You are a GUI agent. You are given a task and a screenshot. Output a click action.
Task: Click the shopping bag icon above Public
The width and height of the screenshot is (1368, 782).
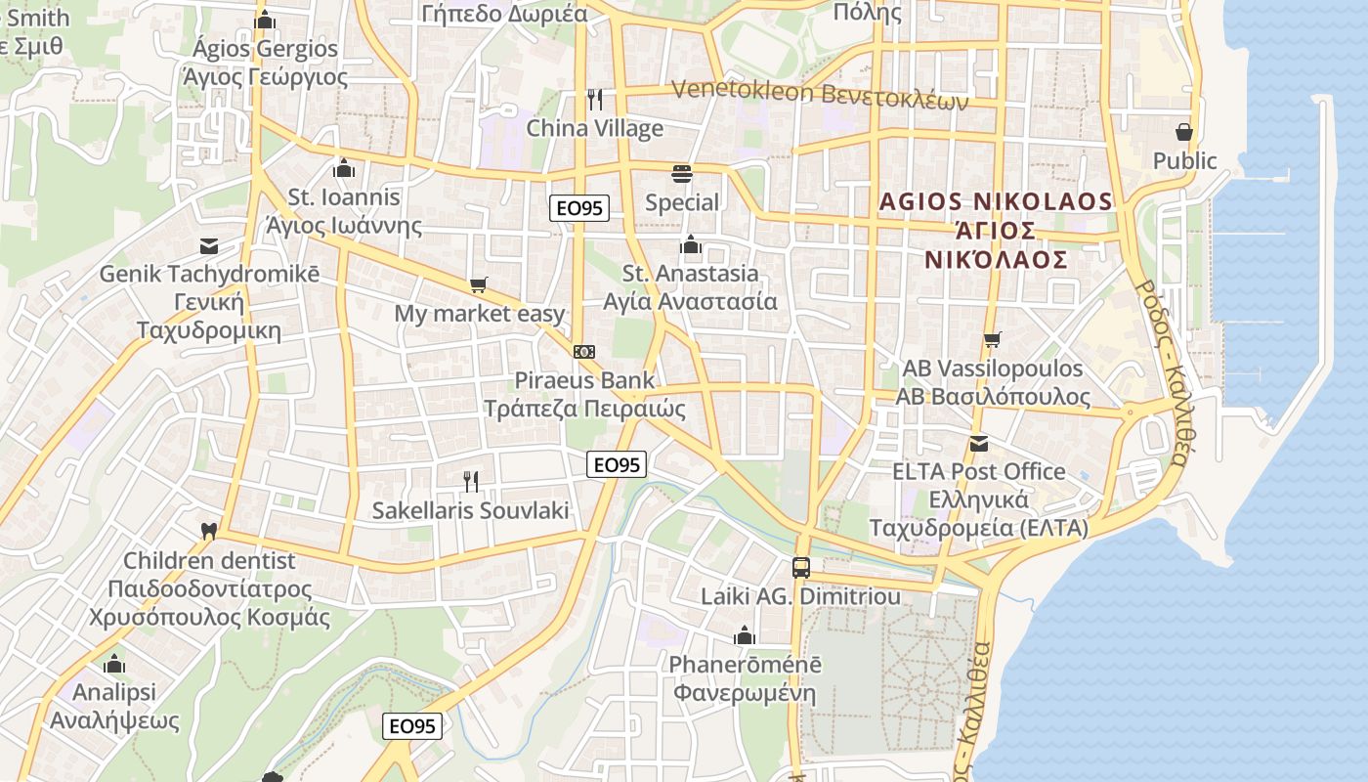[1184, 132]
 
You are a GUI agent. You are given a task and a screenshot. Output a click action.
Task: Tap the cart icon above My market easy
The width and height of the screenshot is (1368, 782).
[478, 285]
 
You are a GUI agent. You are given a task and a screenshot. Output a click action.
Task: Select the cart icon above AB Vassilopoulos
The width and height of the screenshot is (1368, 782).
[993, 340]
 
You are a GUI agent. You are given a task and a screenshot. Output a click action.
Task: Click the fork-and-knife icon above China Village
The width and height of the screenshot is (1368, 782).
[594, 99]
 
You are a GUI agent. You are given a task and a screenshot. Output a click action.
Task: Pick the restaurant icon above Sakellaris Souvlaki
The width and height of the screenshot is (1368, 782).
[470, 481]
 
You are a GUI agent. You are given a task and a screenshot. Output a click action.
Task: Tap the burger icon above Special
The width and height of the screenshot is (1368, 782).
[682, 174]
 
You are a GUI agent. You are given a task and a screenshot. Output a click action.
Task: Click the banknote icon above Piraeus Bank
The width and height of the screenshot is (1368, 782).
[584, 352]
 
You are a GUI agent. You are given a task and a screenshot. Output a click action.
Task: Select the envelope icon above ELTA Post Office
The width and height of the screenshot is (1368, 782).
[979, 444]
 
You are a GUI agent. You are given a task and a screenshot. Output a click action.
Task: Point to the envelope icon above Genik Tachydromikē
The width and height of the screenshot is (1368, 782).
[209, 245]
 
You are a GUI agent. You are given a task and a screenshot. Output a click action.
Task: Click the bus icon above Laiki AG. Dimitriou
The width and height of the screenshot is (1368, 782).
[800, 567]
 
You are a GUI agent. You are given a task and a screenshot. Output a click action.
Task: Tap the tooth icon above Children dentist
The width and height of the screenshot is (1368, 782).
[208, 532]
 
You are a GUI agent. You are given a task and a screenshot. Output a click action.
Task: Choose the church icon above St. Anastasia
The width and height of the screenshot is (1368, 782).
[691, 244]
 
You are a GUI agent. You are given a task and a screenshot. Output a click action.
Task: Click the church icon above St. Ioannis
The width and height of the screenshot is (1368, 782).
[343, 168]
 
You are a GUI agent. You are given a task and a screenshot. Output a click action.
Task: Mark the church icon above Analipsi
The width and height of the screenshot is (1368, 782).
[114, 664]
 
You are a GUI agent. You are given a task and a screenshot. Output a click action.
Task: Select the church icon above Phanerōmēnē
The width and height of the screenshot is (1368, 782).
[745, 635]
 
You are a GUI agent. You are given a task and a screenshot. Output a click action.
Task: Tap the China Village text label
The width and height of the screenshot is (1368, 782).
[594, 128]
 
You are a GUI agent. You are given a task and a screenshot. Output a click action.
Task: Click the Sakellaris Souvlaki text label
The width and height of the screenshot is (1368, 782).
[470, 510]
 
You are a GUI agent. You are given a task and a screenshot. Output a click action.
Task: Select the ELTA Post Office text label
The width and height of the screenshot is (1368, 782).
[979, 471]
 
